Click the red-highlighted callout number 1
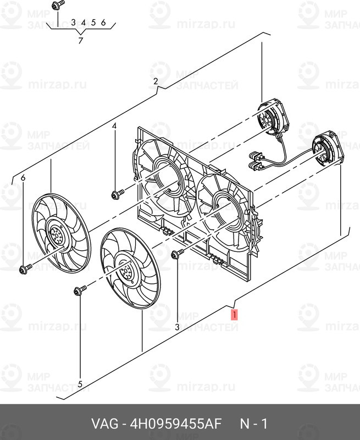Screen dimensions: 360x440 click(234, 315)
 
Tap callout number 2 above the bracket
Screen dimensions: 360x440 click(156, 81)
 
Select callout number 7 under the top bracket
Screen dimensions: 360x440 click(81, 41)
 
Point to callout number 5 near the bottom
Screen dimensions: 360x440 click(80, 384)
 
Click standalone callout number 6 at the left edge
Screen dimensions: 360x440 click(23, 178)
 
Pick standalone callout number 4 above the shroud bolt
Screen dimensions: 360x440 click(114, 127)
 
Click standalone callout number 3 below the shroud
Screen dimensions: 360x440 click(177, 327)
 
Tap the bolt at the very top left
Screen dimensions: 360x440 click(58, 5)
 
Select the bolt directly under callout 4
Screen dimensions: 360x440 click(118, 194)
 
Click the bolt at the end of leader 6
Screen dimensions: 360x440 click(25, 268)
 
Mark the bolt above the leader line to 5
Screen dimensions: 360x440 click(80, 290)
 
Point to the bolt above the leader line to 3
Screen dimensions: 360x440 click(177, 254)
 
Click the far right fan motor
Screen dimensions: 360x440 click(327, 151)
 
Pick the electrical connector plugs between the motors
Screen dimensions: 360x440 click(256, 161)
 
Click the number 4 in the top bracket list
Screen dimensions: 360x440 click(84, 23)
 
